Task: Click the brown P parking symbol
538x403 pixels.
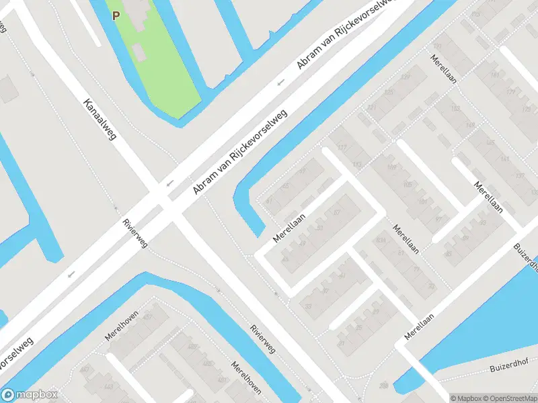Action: point(116,15)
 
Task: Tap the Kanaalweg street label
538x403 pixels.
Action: point(100,120)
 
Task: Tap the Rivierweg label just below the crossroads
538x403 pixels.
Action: point(134,233)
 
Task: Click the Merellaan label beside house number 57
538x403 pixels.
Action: point(290,228)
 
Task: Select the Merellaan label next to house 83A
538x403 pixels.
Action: point(408,239)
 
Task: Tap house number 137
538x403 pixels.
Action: point(519,176)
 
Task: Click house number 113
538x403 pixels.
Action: point(356,164)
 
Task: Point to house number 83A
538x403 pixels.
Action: point(381,240)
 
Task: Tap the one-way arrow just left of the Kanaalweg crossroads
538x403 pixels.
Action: point(169,183)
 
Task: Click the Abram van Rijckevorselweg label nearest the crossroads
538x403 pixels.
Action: point(240,152)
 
